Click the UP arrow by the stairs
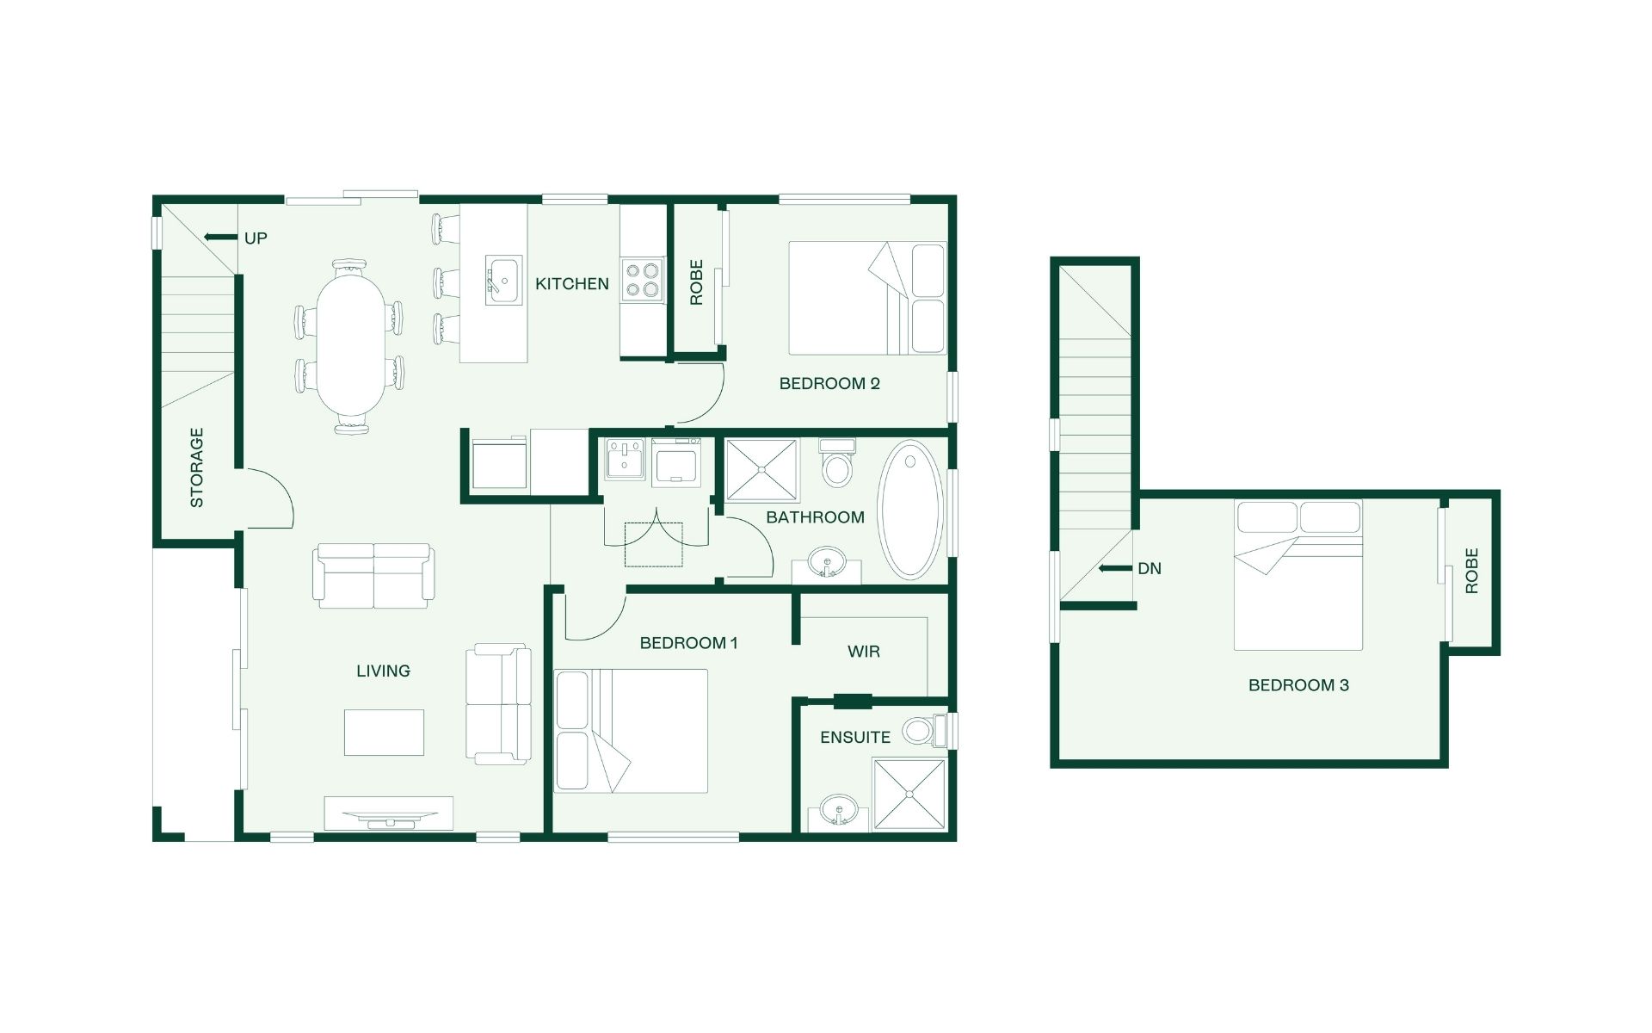point(220,237)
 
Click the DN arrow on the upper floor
point(1115,568)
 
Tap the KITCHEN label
point(571,284)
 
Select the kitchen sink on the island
point(503,280)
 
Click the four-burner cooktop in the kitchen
point(643,281)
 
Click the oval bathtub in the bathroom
point(910,510)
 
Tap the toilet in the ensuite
point(925,731)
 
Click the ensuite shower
point(909,794)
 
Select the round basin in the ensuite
point(838,810)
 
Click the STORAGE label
point(197,467)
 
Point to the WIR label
point(864,652)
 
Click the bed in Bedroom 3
point(1298,574)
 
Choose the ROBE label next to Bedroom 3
point(1471,571)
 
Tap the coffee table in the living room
point(384,733)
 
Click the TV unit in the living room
point(388,813)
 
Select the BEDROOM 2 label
point(829,384)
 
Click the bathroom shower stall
point(761,470)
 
